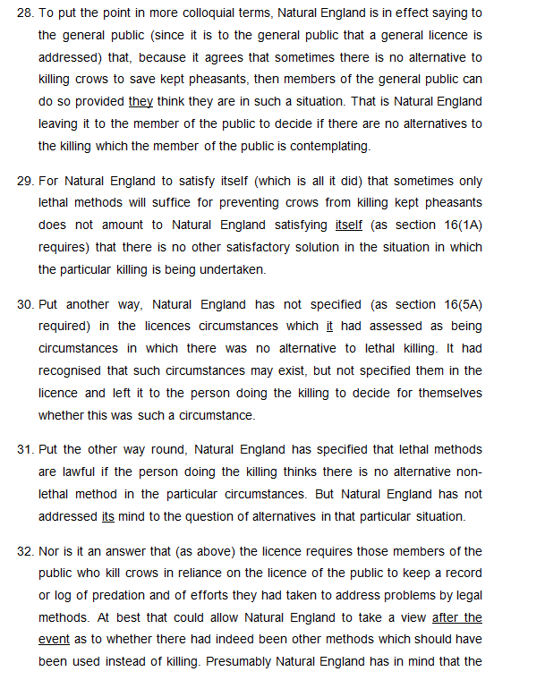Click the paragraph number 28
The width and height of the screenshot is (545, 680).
[x=25, y=13]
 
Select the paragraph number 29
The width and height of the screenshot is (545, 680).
[x=25, y=181]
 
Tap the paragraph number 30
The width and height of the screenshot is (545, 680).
[x=25, y=304]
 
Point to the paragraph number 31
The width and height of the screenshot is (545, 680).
[x=25, y=449]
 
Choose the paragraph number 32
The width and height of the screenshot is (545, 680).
[x=25, y=551]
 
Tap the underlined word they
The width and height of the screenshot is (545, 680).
[x=141, y=101]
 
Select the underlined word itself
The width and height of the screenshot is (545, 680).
[x=348, y=225]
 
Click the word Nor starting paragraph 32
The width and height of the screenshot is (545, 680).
[x=51, y=551]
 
